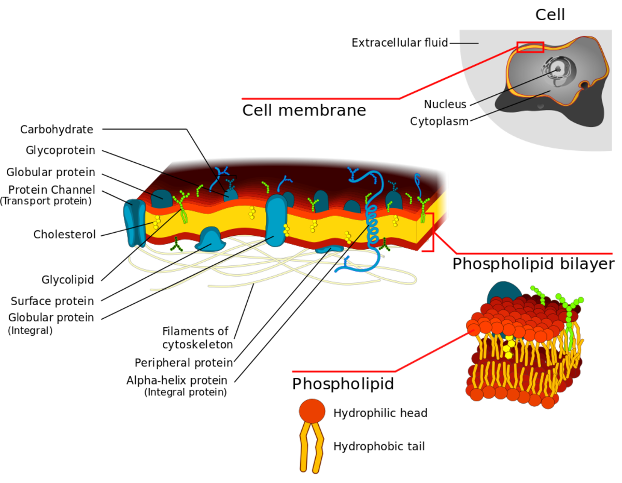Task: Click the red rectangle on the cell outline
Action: pyautogui.click(x=530, y=47)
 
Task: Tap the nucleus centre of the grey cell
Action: pyautogui.click(x=558, y=68)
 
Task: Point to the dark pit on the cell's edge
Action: pyautogui.click(x=585, y=84)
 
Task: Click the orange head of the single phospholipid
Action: pyautogui.click(x=312, y=410)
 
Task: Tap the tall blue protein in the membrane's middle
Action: pyautogui.click(x=275, y=220)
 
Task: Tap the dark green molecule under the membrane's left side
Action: pyautogui.click(x=177, y=245)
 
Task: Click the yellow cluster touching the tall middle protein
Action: pyautogui.click(x=286, y=230)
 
